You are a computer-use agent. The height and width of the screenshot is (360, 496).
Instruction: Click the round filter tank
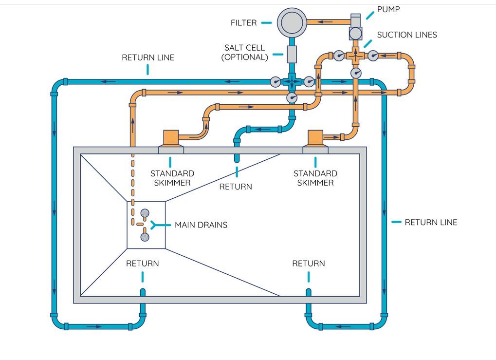[x=292, y=22]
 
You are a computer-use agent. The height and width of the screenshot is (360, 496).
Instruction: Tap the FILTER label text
[x=243, y=23]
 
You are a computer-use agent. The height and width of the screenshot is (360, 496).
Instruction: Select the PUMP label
[x=388, y=9]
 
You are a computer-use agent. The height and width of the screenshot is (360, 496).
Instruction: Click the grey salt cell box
[x=292, y=54]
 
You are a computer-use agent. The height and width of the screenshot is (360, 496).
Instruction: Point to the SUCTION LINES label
[x=407, y=35]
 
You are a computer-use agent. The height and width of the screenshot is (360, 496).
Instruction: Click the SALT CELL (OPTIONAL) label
[x=244, y=53]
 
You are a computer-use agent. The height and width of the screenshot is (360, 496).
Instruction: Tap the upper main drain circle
[x=145, y=213]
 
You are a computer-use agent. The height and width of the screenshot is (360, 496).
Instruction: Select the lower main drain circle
[x=145, y=237]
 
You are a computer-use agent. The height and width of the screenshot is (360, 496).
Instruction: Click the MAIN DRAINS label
[x=201, y=225]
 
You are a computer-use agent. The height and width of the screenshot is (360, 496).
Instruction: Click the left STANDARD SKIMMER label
[x=172, y=178]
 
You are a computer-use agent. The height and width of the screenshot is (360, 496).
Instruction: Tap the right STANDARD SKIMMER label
[x=315, y=178]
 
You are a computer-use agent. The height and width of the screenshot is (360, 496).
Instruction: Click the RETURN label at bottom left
[x=142, y=264]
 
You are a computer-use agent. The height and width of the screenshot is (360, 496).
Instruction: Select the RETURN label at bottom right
[x=309, y=264]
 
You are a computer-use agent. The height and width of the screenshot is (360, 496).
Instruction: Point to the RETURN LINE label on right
[x=431, y=222]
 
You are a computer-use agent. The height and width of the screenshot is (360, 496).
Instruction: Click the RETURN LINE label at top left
[x=148, y=57]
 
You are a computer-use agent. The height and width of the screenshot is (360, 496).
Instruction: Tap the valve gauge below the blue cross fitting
[x=292, y=97]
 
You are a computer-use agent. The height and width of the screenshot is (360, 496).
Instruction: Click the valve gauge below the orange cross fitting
[x=356, y=73]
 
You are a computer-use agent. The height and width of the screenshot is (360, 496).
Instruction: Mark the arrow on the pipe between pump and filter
[x=325, y=22]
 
